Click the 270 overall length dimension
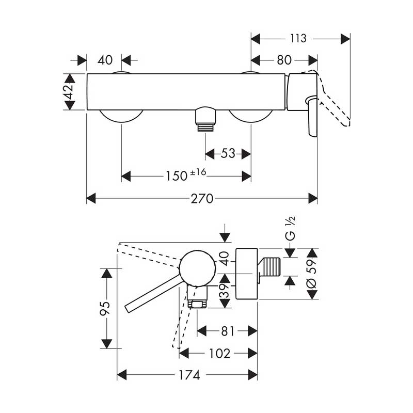[202, 198]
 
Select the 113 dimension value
[299, 38]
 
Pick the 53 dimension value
[228, 153]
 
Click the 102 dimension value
[220, 354]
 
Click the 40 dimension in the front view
[105, 60]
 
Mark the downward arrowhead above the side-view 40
[225, 236]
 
